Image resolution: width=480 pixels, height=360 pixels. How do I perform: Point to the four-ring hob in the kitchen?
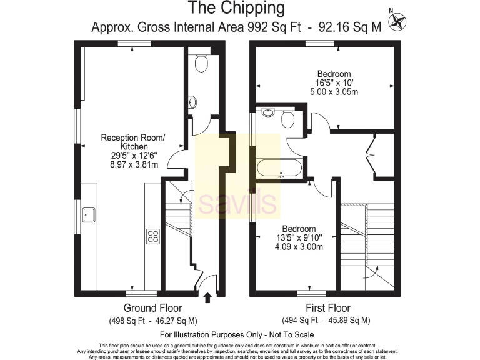tap(153, 236)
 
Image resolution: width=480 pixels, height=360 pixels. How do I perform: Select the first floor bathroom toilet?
tap(288, 119)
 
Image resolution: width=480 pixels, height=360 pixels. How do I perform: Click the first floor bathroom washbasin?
tap(267, 113)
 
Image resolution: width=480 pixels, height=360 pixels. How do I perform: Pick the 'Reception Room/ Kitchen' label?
tap(133, 142)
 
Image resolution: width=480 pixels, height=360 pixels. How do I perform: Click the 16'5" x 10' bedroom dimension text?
tap(333, 82)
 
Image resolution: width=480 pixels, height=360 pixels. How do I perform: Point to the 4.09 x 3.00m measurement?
tap(298, 247)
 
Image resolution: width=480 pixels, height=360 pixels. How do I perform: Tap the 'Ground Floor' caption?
tap(152, 308)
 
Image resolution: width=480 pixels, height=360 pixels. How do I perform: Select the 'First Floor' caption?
tap(327, 308)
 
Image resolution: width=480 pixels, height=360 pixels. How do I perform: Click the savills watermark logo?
tap(237, 202)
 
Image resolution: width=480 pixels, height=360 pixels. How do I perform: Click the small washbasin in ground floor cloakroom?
tap(193, 102)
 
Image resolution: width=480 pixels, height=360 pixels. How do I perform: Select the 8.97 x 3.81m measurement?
tap(133, 164)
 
